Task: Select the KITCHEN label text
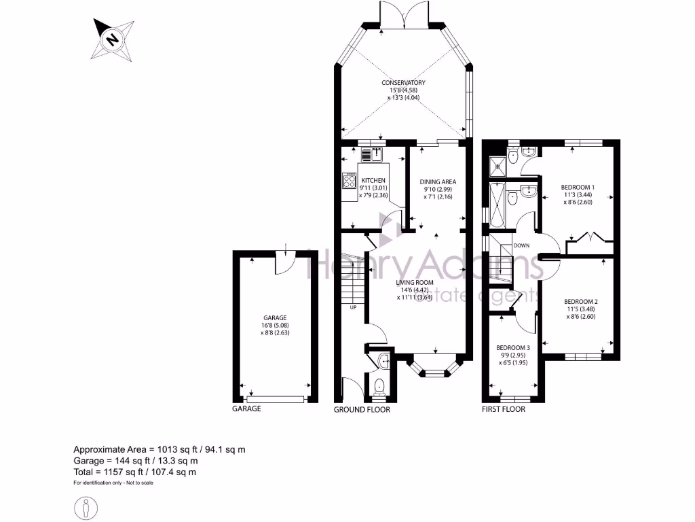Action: coord(373,181)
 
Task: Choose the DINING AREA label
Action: coord(437,181)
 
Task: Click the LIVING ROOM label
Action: coord(415,282)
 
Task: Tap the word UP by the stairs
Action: coord(353,308)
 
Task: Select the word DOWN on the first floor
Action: coord(522,245)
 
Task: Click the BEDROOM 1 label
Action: coord(578,187)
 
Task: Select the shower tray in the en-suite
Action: coord(499,162)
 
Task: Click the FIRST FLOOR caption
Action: coord(504,409)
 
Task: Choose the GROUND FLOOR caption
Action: coord(362,410)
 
